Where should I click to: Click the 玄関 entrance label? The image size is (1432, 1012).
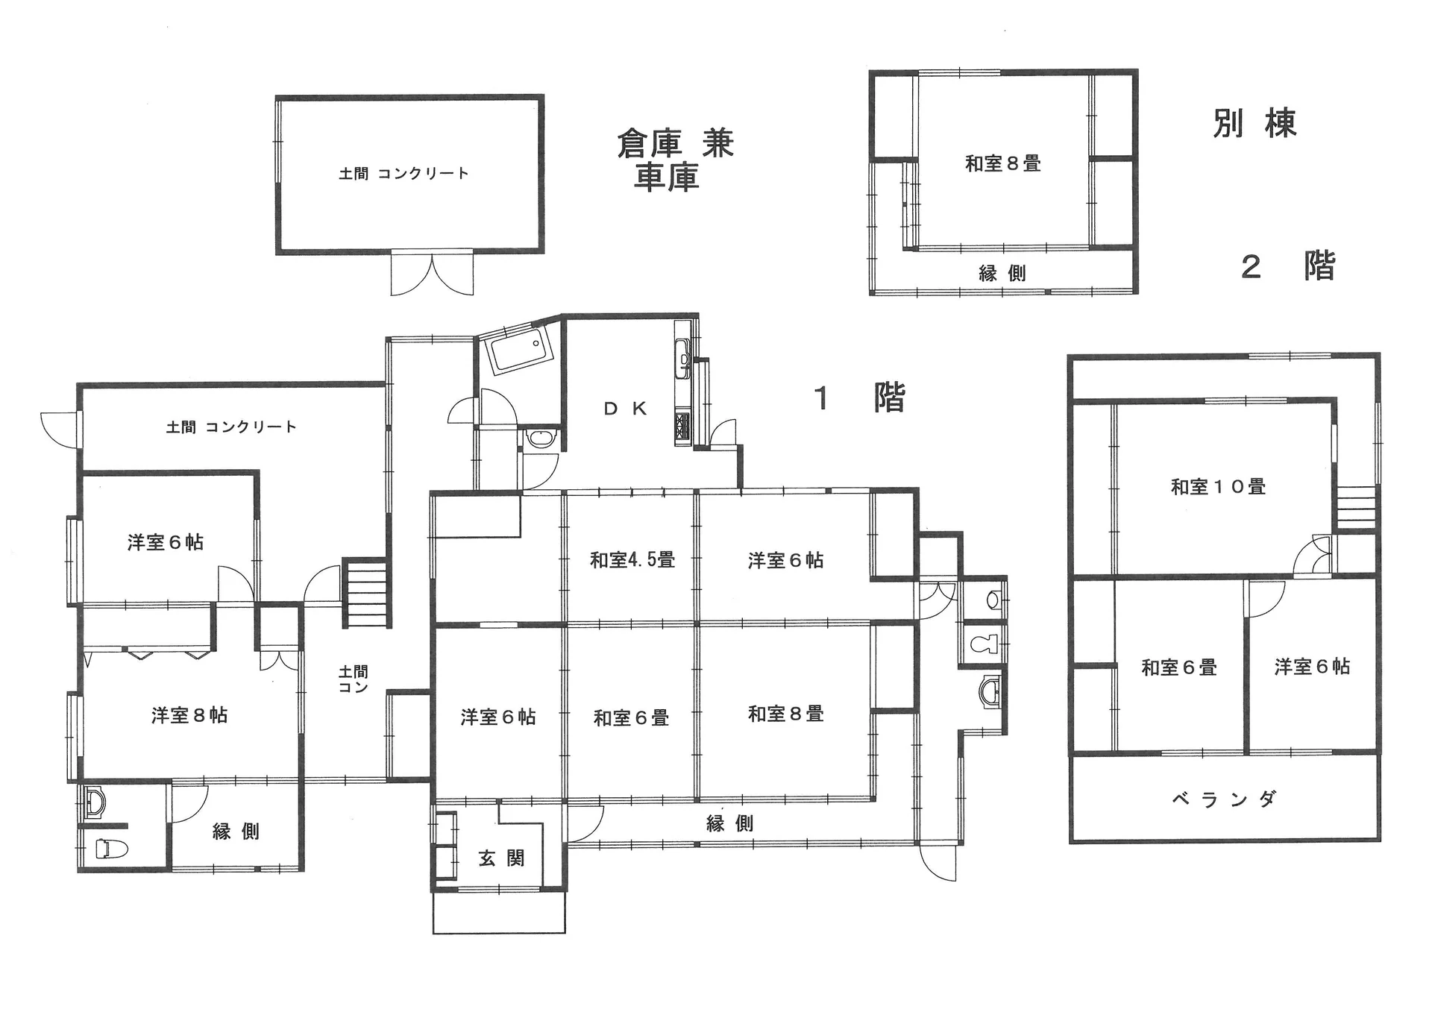[x=501, y=858]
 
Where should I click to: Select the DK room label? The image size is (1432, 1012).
[x=625, y=409]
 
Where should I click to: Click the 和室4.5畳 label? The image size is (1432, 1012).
[x=632, y=559]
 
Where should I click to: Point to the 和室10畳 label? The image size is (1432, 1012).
[x=1218, y=487]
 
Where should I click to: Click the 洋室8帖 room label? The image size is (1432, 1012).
[x=189, y=716]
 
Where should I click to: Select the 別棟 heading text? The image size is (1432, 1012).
[x=1255, y=123]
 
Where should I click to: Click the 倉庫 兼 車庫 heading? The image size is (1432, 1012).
[x=675, y=160]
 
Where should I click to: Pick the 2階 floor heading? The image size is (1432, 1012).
[x=1288, y=266]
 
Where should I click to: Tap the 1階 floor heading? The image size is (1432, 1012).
[x=859, y=398]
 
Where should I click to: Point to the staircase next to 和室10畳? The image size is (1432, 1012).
[x=1355, y=508]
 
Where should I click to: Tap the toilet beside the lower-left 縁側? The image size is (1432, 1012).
[x=112, y=849]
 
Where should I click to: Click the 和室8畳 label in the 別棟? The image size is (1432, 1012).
[x=1003, y=163]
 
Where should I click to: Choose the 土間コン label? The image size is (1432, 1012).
[x=353, y=679]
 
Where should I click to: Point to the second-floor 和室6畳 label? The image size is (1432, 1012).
[x=1179, y=667]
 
